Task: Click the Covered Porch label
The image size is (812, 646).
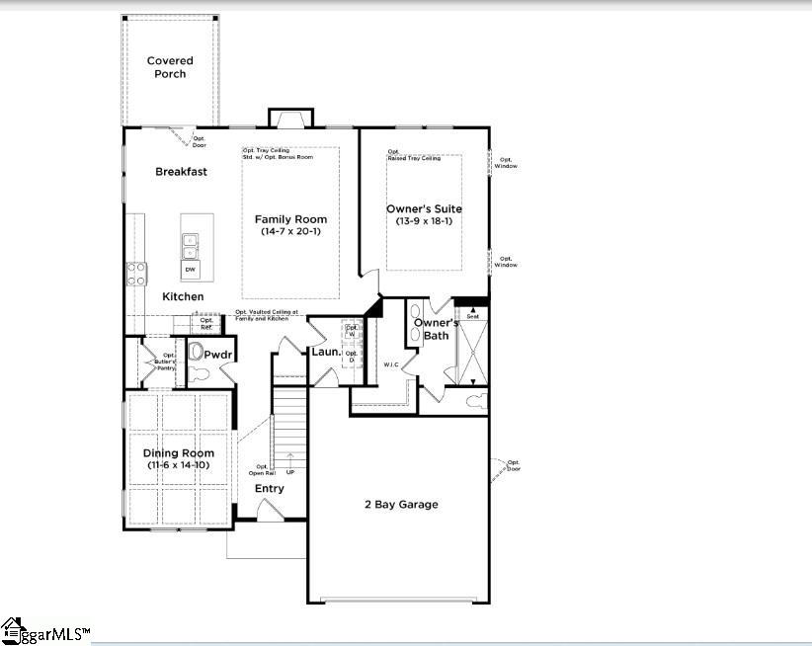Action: point(170,67)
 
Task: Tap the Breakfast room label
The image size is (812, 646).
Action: point(181,172)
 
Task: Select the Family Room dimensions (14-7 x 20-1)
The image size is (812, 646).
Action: point(290,232)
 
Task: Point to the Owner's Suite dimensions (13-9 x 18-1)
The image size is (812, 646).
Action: point(423,222)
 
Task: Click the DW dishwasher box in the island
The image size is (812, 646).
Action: point(190,270)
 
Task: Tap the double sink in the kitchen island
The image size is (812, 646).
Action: point(190,244)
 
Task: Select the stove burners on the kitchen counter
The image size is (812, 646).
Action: point(135,274)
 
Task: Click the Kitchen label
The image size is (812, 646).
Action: point(183,297)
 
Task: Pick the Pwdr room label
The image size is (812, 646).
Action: point(217,354)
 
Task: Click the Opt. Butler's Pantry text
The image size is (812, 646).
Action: point(169,359)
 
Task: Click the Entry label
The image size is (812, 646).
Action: point(269,489)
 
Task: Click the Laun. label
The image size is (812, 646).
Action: point(326,352)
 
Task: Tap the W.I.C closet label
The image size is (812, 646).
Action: point(391,365)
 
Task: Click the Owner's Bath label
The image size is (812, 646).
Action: point(436,330)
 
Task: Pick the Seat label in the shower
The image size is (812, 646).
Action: point(472,316)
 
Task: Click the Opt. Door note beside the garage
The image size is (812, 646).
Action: point(513,465)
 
